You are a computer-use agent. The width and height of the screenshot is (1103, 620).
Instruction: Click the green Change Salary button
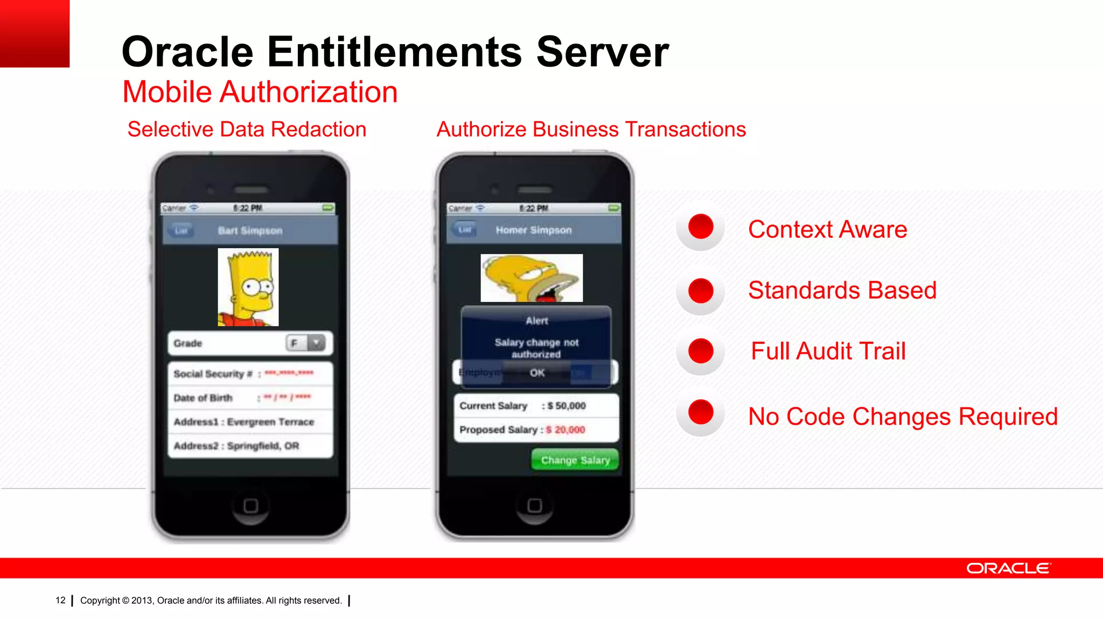(575, 460)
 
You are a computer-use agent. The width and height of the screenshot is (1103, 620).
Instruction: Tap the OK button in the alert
(537, 372)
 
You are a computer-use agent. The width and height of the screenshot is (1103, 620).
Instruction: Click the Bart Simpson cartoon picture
(248, 287)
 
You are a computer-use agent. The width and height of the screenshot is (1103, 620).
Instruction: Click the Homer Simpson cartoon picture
(532, 278)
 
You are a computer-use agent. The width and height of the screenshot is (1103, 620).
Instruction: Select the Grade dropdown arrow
(317, 343)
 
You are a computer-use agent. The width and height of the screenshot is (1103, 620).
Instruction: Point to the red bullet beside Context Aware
(701, 226)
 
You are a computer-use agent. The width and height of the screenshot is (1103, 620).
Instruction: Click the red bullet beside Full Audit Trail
(701, 351)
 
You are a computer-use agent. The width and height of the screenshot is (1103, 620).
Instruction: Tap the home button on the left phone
(250, 506)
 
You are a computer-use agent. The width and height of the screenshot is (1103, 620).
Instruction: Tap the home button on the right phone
(534, 505)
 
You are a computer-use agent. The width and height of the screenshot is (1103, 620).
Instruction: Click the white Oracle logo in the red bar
(1008, 568)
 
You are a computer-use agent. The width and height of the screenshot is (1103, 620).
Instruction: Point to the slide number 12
(60, 600)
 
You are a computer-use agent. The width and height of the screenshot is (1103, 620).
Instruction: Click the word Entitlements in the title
(394, 52)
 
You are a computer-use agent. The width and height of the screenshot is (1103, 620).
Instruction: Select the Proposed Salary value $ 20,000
(566, 429)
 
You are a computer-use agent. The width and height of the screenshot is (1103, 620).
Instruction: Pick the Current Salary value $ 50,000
(567, 406)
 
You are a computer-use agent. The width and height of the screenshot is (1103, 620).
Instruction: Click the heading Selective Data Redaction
(247, 129)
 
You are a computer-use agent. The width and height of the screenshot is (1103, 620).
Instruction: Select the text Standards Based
(842, 290)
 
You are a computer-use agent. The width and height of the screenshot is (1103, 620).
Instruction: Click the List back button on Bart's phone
(181, 230)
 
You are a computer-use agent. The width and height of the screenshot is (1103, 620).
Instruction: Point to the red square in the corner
(34, 33)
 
